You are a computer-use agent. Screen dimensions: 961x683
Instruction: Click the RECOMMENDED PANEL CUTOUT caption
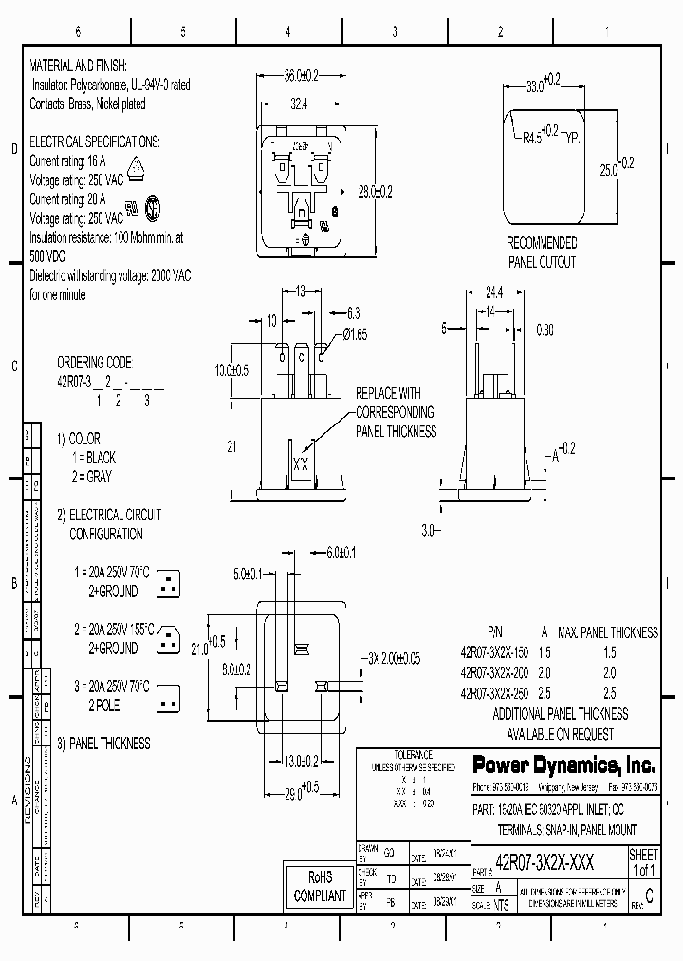(x=541, y=253)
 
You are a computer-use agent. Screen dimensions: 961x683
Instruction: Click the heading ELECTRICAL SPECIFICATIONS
(x=95, y=141)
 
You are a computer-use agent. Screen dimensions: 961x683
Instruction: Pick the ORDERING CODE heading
(x=94, y=363)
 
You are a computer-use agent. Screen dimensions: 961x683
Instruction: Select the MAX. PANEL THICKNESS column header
(x=607, y=632)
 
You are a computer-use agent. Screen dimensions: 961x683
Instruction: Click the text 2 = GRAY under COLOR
(x=99, y=476)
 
